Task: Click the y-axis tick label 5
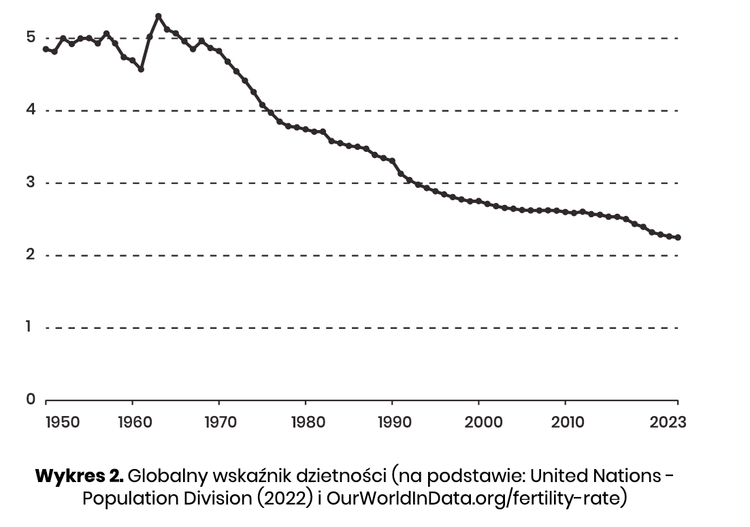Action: point(31,37)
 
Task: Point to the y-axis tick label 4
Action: point(31,110)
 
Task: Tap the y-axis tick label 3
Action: point(31,182)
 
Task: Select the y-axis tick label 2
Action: point(31,255)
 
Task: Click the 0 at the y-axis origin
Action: point(31,399)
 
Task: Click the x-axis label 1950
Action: point(62,422)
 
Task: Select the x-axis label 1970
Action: point(220,422)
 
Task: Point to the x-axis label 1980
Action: point(306,422)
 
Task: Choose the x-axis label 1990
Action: point(393,422)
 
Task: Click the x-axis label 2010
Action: point(567,422)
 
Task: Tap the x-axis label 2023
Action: point(668,422)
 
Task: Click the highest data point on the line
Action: point(158,16)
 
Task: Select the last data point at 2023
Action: point(678,238)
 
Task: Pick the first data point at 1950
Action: point(46,49)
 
